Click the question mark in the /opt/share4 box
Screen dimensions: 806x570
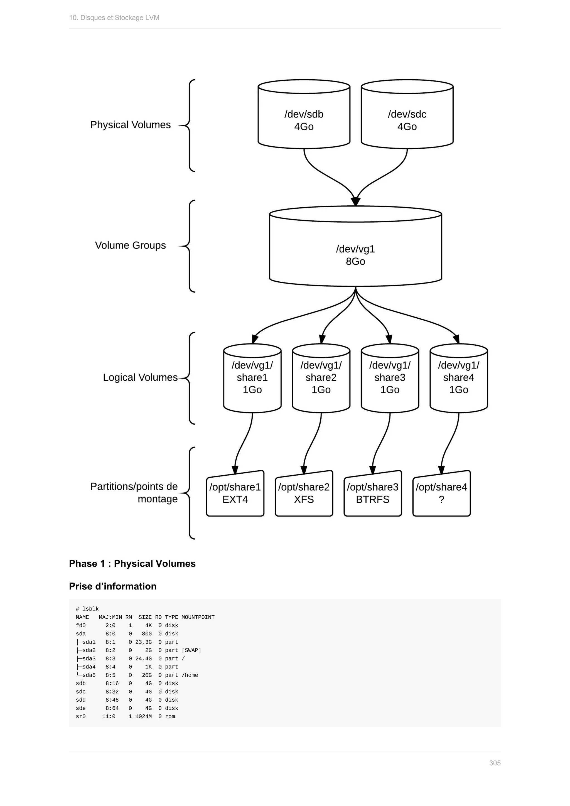441,499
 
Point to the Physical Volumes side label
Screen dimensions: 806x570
130,125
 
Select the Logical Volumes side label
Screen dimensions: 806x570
140,377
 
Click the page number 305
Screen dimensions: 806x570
495,763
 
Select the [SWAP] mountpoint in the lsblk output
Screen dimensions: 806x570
191,650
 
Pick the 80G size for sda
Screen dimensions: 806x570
147,634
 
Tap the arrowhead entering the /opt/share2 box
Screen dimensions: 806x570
304,470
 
